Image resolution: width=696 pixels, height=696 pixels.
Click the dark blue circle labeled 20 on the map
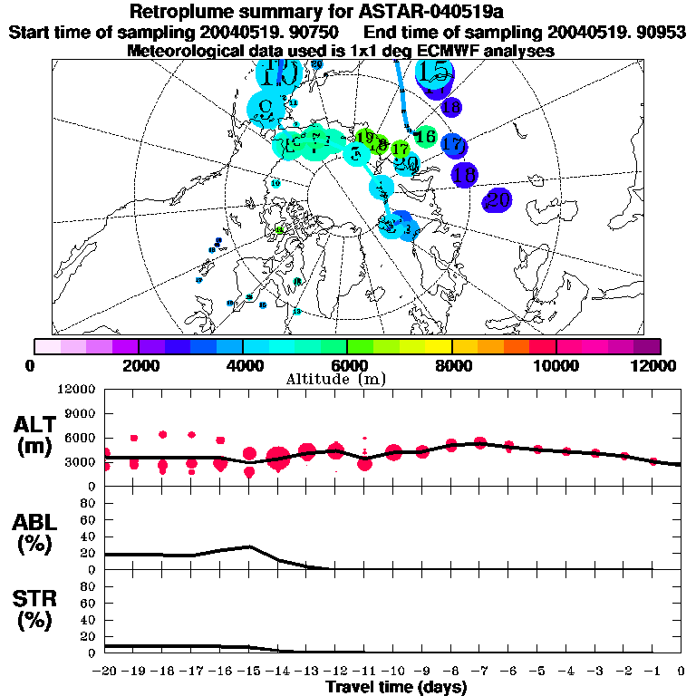(x=497, y=200)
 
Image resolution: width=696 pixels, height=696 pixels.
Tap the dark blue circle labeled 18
(x=464, y=175)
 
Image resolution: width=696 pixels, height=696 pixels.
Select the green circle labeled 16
(x=423, y=137)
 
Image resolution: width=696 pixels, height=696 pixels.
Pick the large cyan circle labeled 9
(x=265, y=108)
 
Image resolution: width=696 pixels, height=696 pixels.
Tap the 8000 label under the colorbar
(x=451, y=364)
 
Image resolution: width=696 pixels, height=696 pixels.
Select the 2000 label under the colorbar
(x=137, y=364)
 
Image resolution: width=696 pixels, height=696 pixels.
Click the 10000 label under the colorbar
(x=556, y=364)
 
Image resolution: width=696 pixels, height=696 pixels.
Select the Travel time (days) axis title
(x=396, y=688)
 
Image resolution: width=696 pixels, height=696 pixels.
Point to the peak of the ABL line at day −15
(x=249, y=546)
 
